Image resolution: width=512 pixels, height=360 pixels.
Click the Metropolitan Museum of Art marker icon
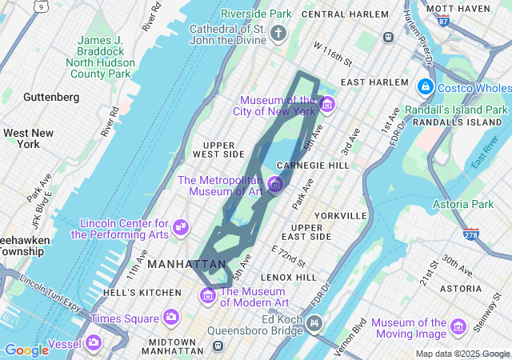[275, 185]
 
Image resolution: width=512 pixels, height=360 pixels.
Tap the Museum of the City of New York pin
[326, 104]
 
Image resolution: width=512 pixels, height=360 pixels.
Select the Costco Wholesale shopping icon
[425, 86]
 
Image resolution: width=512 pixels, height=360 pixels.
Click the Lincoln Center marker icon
[181, 228]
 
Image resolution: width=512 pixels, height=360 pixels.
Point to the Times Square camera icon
[170, 318]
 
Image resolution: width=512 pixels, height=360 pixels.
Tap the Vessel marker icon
[94, 342]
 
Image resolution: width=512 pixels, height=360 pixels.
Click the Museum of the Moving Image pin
[458, 326]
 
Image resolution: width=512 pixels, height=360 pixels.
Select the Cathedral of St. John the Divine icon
[278, 33]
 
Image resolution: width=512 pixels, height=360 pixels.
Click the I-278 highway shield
[471, 234]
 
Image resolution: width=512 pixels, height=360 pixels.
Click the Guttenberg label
[51, 97]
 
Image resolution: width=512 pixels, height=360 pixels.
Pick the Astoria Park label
[462, 205]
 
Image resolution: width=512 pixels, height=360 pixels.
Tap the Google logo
[26, 350]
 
